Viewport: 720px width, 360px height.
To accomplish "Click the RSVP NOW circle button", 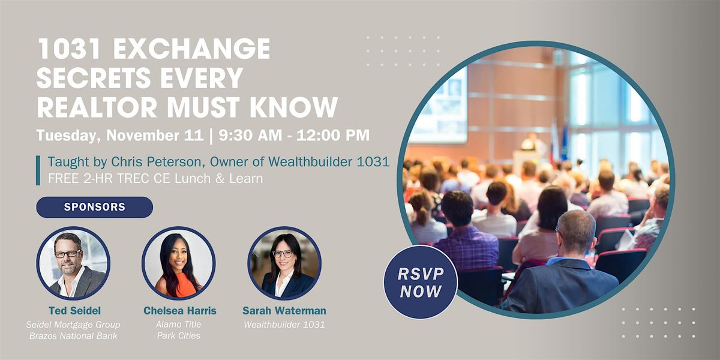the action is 421,282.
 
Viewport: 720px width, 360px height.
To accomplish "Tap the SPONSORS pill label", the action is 95,207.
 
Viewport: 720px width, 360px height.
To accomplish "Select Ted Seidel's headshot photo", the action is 73,263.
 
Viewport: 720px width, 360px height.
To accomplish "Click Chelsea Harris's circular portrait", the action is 179,263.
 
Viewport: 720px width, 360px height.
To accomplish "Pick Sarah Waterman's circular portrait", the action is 284,263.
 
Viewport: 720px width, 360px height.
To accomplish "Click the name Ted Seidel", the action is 74,311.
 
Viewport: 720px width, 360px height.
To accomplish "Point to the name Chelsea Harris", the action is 179,311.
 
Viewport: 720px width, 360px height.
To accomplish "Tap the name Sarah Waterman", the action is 284,311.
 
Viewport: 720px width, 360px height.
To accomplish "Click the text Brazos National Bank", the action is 73,336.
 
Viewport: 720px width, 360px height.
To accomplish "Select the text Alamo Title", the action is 178,325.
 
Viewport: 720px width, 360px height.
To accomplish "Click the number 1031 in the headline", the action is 72,49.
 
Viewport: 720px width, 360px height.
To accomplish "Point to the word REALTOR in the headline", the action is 97,107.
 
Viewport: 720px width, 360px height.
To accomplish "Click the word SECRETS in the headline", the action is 94,78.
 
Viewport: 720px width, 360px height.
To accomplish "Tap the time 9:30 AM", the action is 250,135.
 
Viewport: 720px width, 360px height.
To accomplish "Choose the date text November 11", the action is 155,135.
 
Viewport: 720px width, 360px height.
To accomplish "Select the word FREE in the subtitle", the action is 64,178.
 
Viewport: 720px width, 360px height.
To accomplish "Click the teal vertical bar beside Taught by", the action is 38,170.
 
